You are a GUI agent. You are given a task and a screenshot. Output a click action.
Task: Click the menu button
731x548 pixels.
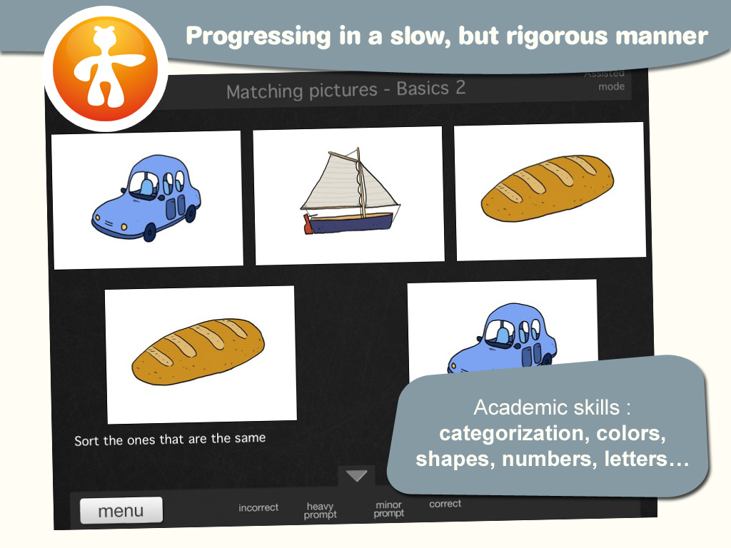tap(121, 511)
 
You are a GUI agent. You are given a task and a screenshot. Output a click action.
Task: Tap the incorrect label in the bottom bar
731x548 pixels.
tap(258, 507)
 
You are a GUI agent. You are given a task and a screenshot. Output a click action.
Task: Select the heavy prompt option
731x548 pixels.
tap(321, 510)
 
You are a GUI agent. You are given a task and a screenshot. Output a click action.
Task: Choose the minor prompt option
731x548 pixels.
tap(389, 509)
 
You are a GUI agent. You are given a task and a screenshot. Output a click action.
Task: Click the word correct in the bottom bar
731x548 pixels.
tap(445, 504)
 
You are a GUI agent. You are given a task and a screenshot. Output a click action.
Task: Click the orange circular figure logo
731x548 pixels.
tap(106, 68)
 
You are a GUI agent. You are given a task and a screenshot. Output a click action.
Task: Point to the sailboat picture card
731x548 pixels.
tap(348, 196)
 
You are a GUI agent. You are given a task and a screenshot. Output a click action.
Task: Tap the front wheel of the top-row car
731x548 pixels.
tap(149, 232)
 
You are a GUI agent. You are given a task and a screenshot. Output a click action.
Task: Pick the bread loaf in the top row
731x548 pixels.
tap(548, 188)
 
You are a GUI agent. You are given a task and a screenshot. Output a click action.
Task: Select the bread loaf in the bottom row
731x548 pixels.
tap(198, 352)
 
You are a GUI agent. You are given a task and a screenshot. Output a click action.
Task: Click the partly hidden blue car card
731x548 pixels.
tap(503, 326)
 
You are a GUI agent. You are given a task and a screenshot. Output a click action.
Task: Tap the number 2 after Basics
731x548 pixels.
tap(460, 87)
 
